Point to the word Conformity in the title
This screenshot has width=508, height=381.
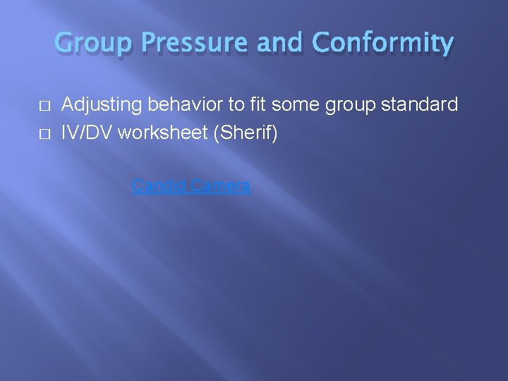(x=382, y=44)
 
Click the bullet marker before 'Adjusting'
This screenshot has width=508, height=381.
(x=45, y=106)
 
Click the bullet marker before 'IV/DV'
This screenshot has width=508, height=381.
(x=45, y=133)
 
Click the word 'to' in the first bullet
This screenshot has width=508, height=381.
(x=236, y=105)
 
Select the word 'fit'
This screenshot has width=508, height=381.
(x=258, y=105)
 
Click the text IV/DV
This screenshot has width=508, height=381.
(x=87, y=133)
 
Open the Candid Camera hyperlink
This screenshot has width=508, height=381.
(x=191, y=186)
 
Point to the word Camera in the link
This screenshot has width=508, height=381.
(x=219, y=186)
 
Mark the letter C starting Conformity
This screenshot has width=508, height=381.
(x=321, y=44)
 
